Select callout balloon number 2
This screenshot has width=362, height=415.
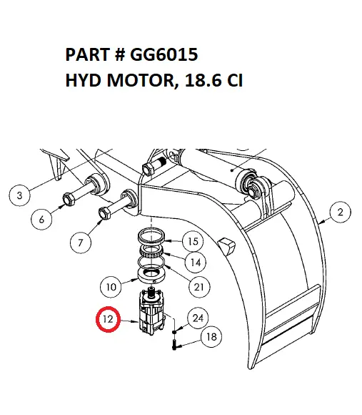coord(339,212)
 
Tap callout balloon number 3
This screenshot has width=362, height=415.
coord(20,194)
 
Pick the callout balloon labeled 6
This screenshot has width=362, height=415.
coord(41,220)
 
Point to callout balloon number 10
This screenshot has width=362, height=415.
coord(111,288)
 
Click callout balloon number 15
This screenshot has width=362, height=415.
coord(193,240)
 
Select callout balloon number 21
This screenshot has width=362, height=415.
coord(199,287)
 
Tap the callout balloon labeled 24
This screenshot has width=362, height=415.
coord(198,318)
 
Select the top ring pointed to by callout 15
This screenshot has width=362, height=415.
coord(153,236)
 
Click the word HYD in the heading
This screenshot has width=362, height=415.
coord(81,79)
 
